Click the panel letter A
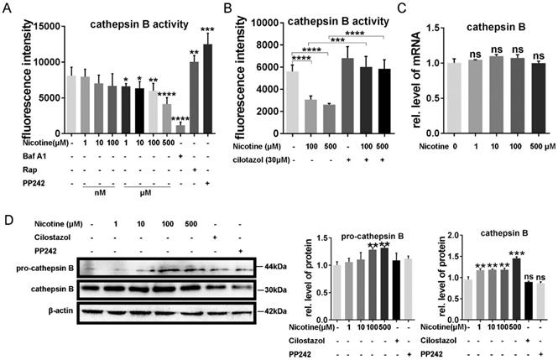7,8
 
